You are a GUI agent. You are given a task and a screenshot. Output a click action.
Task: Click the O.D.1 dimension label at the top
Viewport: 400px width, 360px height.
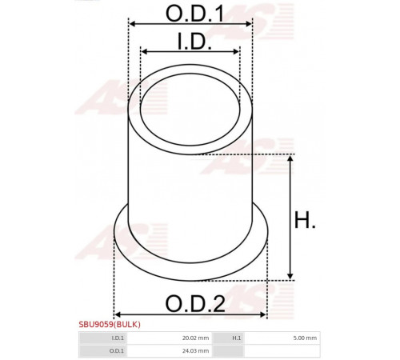coord(195,14)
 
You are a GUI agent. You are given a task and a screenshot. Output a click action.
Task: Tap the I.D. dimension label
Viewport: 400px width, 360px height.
coord(194,42)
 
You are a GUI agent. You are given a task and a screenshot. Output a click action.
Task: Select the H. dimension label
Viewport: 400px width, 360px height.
coord(305,220)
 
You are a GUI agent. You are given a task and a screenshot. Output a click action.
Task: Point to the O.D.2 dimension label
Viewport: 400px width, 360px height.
coord(195,304)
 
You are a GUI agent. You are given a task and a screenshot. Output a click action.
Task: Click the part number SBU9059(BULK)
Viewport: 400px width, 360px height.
coord(110,324)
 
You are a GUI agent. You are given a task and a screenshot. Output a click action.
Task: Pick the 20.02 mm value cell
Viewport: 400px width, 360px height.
coord(195,338)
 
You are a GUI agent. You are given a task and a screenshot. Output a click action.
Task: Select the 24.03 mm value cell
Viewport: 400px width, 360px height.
coord(195,350)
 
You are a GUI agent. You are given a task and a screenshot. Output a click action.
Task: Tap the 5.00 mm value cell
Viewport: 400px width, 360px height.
coord(305,338)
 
